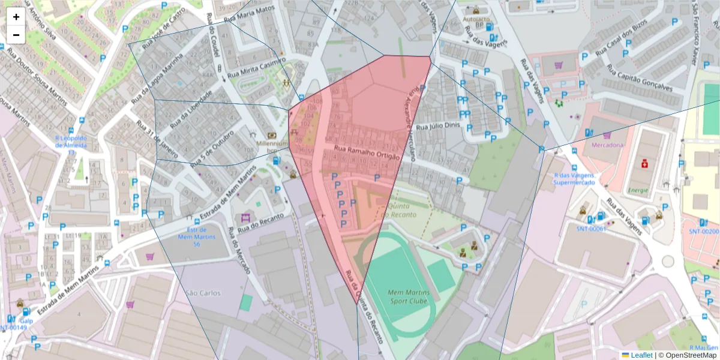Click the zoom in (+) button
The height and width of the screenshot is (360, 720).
[16, 17]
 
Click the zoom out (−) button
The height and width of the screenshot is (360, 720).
[16, 35]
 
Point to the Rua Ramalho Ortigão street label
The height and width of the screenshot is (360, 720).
[365, 154]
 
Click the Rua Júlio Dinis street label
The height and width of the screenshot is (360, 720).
[437, 127]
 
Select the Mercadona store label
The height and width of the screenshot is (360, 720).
[607, 145]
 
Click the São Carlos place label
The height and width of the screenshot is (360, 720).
[203, 293]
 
